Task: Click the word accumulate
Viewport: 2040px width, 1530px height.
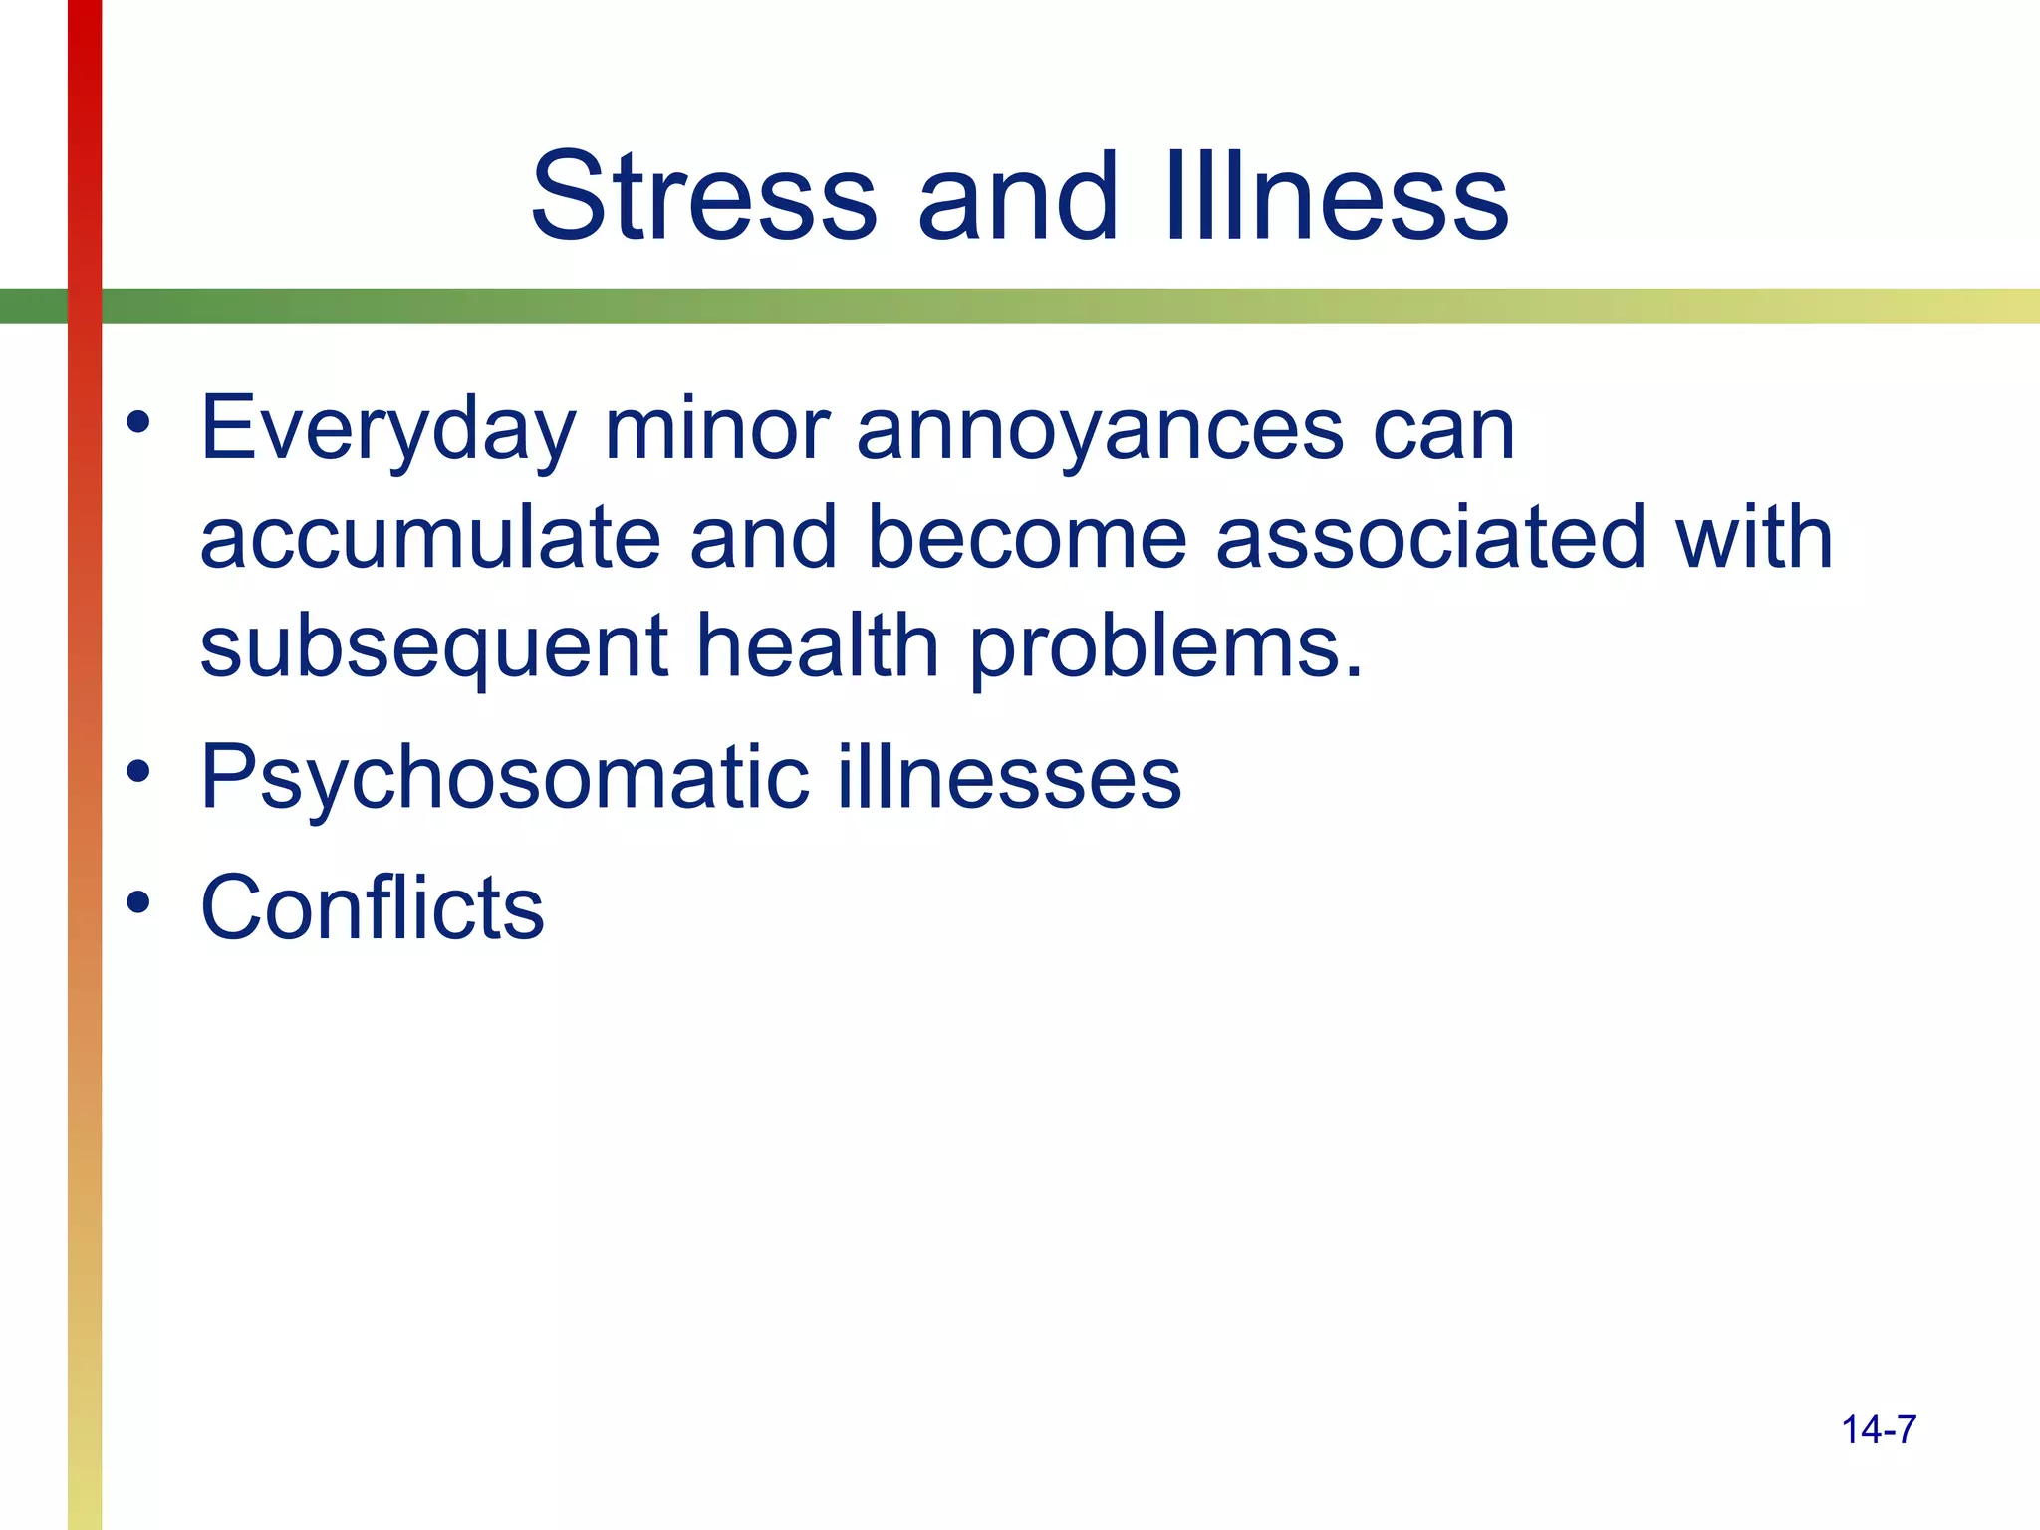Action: coord(430,538)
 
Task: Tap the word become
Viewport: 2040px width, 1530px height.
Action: coord(1027,538)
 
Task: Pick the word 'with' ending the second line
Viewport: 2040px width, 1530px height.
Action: coord(1754,538)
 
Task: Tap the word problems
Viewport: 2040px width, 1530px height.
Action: coord(1165,647)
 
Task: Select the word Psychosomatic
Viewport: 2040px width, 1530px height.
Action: coord(504,778)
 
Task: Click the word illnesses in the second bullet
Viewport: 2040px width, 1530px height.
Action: coord(1009,778)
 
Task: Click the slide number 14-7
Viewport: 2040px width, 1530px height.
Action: coord(1879,1430)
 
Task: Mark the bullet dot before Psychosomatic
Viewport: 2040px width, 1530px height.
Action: coord(138,771)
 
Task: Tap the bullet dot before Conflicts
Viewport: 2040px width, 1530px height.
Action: coord(138,901)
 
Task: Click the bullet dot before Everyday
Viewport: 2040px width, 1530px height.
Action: coord(138,423)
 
